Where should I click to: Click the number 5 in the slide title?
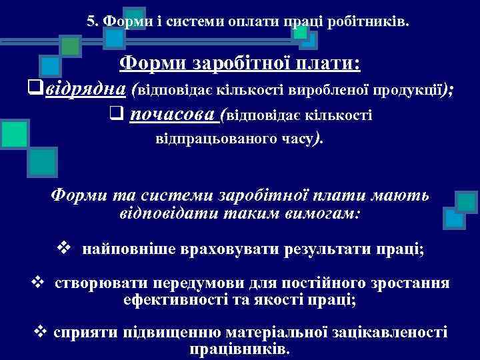[x=91, y=21]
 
